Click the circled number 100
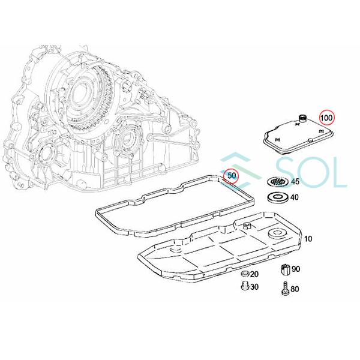click(x=327, y=118)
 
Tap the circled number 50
click(x=231, y=176)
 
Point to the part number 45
click(x=295, y=182)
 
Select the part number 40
click(x=295, y=197)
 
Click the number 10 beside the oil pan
click(x=308, y=239)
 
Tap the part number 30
click(x=254, y=287)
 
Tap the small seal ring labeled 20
click(x=244, y=275)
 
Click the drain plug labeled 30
click(x=244, y=287)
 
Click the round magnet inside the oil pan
click(x=277, y=235)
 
